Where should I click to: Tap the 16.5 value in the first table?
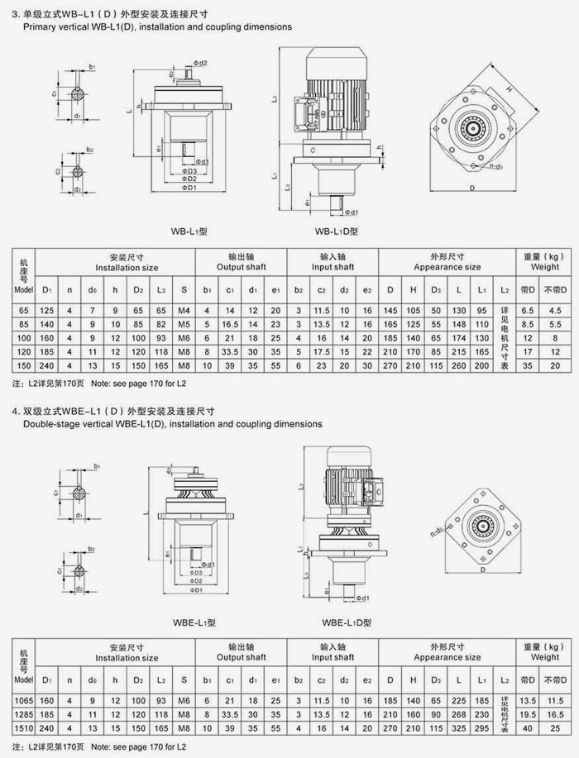[231, 325]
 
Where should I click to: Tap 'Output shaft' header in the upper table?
[241, 267]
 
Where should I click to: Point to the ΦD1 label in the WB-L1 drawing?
[191, 188]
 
